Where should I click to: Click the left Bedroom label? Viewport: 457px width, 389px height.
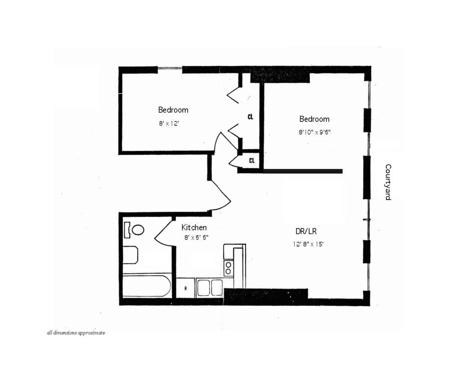[173, 110]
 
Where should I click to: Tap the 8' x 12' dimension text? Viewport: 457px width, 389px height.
[169, 124]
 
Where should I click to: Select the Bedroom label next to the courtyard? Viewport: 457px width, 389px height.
[314, 119]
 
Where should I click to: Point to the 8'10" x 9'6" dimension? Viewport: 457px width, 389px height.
[314, 132]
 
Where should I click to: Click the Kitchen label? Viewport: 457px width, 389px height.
[194, 228]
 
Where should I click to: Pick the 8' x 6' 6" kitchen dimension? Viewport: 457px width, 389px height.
[196, 237]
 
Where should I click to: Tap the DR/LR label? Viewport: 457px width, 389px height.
[306, 231]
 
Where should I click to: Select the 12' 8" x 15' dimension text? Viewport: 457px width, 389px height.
[308, 244]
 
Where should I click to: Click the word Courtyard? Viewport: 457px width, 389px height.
[388, 182]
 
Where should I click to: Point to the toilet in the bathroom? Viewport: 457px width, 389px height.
[134, 230]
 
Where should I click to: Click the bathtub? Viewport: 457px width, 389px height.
[147, 286]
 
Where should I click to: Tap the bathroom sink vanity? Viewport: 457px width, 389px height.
[130, 255]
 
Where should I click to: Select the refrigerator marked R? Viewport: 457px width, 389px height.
[185, 288]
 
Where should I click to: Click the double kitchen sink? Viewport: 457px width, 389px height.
[209, 287]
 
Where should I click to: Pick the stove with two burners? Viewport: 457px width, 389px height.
[228, 267]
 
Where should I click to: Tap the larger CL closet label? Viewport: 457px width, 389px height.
[250, 117]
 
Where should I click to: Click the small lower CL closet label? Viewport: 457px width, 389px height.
[252, 161]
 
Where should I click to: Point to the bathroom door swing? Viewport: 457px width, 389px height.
[163, 232]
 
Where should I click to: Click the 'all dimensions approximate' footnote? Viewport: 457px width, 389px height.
[76, 333]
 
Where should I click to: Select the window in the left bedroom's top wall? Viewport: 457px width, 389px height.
[170, 69]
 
